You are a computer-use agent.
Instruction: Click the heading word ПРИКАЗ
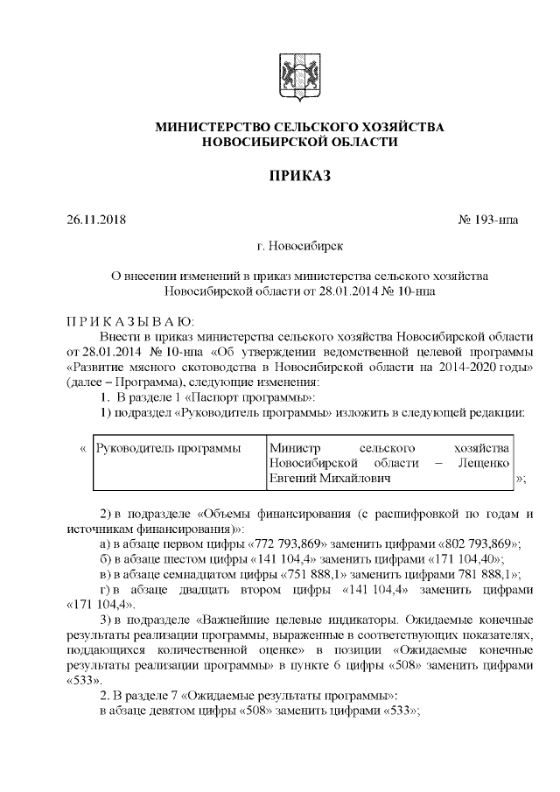[299, 177]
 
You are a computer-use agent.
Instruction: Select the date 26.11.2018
[96, 219]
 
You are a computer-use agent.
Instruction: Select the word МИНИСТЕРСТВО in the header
[214, 127]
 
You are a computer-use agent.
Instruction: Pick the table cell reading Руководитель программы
[168, 448]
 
